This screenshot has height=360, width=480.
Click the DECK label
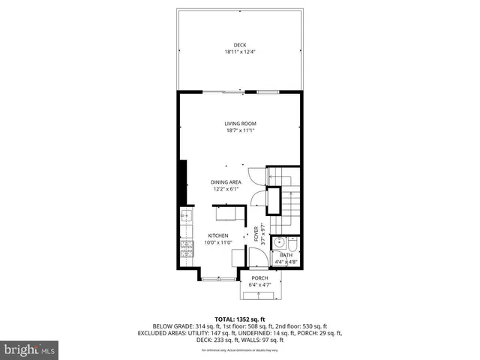pyautogui.click(x=240, y=44)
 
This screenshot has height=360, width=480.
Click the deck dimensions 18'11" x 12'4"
pyautogui.click(x=240, y=51)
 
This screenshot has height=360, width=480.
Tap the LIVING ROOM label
pyautogui.click(x=240, y=124)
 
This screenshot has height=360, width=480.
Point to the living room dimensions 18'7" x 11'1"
pyautogui.click(x=240, y=130)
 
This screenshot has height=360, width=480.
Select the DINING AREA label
pyautogui.click(x=225, y=181)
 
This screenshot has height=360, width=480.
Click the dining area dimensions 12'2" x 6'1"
pyautogui.click(x=225, y=188)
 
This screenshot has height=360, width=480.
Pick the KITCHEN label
pyautogui.click(x=218, y=235)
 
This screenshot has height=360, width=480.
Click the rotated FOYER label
pyautogui.click(x=256, y=235)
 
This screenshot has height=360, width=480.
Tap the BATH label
pyautogui.click(x=286, y=255)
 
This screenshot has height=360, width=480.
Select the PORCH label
pyautogui.click(x=259, y=278)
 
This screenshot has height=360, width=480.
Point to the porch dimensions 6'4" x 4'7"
pyautogui.click(x=259, y=285)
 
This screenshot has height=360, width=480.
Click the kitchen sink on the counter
pyautogui.click(x=186, y=218)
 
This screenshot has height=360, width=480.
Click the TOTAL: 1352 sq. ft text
pyautogui.click(x=240, y=319)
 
